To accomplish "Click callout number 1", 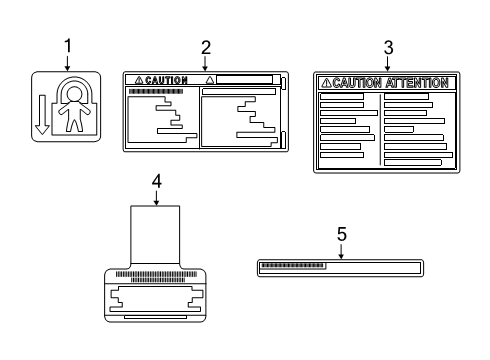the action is (x=68, y=46).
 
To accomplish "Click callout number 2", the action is (x=206, y=48).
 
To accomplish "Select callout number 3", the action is (x=388, y=48).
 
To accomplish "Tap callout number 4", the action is (x=157, y=182).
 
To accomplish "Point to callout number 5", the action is (x=342, y=234).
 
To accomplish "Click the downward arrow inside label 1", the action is (x=42, y=115).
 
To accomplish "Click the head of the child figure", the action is (x=74, y=94).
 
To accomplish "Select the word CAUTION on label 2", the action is (x=166, y=80).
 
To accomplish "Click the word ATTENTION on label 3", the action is (x=417, y=83).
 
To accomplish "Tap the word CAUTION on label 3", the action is (x=357, y=83).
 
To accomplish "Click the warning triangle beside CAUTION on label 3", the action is (x=326, y=83).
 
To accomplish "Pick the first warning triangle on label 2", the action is (x=139, y=80).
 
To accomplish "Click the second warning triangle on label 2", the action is (x=210, y=80).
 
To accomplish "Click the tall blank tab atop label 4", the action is (x=155, y=235).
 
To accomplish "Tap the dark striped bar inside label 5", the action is (x=292, y=266).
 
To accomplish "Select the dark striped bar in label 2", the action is (x=156, y=91).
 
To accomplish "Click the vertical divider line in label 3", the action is (x=380, y=129).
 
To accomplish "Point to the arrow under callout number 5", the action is (x=341, y=251).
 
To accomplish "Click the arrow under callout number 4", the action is (x=156, y=198).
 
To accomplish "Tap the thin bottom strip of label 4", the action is (x=155, y=317).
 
